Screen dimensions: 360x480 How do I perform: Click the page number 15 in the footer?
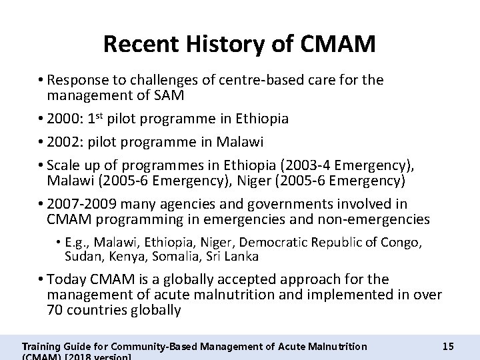pyautogui.click(x=448, y=346)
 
